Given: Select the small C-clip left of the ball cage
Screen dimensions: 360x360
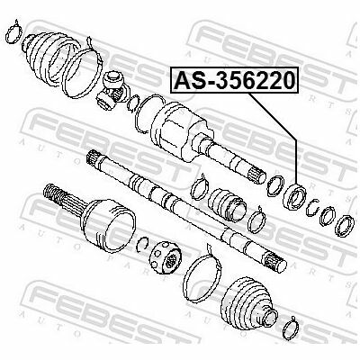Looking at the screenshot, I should point(141,242).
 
